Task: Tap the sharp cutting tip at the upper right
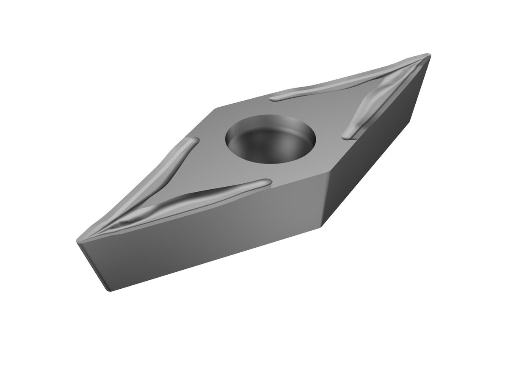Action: (428, 55)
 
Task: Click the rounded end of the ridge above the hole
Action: (273, 98)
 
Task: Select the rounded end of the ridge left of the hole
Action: (196, 140)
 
